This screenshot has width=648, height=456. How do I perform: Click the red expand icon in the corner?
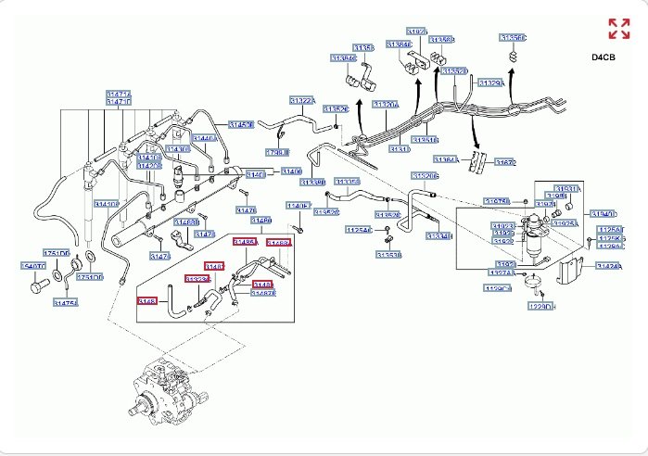pos(618,28)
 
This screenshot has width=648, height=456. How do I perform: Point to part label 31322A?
pos(302,100)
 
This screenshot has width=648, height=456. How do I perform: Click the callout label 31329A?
pos(491,82)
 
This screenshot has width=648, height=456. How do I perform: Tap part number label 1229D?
pos(541,306)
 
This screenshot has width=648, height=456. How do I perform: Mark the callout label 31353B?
pos(388,255)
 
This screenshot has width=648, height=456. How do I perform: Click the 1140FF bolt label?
pos(299,206)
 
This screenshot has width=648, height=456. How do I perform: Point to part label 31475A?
pos(65,302)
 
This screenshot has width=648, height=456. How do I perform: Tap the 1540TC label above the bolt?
pos(32,266)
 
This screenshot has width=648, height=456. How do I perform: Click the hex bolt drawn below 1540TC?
pos(34,286)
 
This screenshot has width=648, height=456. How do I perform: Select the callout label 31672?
pos(504,162)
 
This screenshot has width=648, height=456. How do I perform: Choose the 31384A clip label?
pos(343,58)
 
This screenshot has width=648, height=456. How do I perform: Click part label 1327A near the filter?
pos(502,273)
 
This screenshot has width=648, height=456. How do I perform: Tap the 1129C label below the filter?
pos(498,289)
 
